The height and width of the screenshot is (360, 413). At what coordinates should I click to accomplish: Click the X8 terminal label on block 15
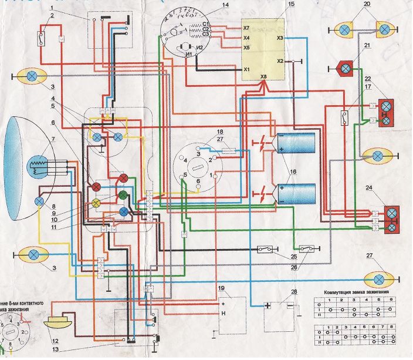tap(263, 77)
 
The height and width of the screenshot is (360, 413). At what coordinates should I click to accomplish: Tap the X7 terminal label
tap(246, 28)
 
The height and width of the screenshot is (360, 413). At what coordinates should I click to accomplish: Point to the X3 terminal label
tap(280, 38)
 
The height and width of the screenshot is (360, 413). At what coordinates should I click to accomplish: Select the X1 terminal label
tap(246, 69)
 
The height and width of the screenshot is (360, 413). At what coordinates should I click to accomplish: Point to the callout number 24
tap(385, 189)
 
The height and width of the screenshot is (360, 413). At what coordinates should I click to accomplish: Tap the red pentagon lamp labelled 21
tap(346, 69)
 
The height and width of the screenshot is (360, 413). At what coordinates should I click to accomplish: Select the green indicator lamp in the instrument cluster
tap(123, 194)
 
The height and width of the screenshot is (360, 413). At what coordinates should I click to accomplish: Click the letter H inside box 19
tap(224, 314)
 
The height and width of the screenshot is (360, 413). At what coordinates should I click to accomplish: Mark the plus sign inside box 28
tap(268, 305)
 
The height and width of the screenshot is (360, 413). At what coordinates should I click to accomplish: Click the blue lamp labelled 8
tap(39, 201)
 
